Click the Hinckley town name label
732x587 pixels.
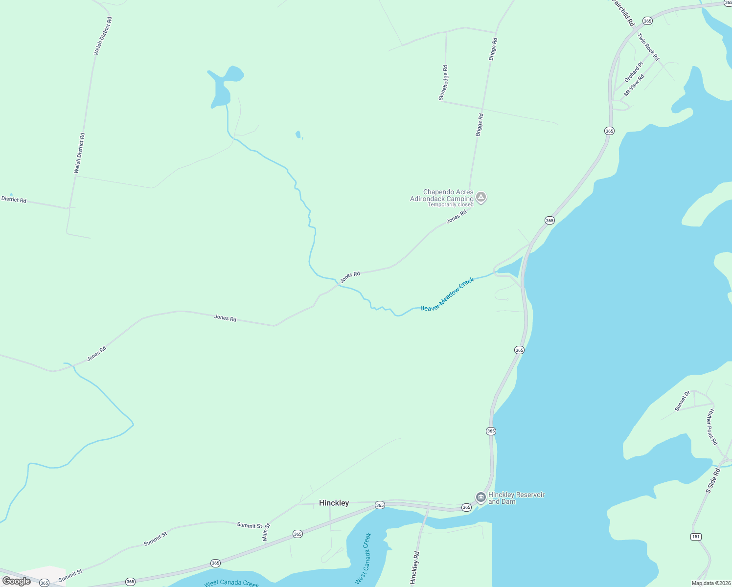click(x=334, y=503)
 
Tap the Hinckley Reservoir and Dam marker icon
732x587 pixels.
click(x=480, y=497)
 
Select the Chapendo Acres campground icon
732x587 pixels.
click(x=481, y=197)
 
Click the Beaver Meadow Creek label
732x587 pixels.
click(x=447, y=294)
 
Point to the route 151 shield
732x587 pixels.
click(x=696, y=537)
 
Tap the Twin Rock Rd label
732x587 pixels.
click(x=648, y=47)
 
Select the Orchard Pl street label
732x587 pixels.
click(x=633, y=72)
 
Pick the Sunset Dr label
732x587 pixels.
click(x=682, y=401)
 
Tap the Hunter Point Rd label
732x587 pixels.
click(x=711, y=427)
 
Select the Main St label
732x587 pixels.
click(x=266, y=532)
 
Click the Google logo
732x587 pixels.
click(x=16, y=581)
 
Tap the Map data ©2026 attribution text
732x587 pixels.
click(x=710, y=583)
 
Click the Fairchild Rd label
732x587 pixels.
click(x=623, y=14)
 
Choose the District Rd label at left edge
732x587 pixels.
click(x=14, y=200)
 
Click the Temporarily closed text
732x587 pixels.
click(x=450, y=204)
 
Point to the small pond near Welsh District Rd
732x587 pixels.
click(x=11, y=195)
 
